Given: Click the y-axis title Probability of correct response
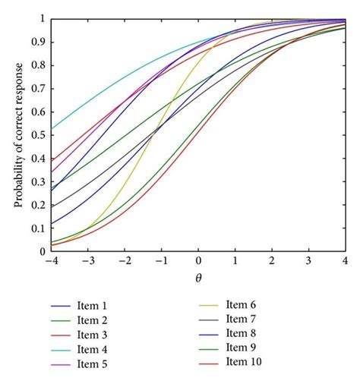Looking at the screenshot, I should pyautogui.click(x=17, y=134).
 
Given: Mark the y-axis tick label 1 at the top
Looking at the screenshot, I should pyautogui.click(x=42, y=19).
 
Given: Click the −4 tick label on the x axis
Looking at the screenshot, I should pyautogui.click(x=51, y=261).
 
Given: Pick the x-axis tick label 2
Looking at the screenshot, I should pyautogui.click(x=272, y=261).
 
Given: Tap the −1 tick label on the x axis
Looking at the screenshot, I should pyautogui.click(x=161, y=261).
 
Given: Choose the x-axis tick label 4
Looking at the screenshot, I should pyautogui.click(x=345, y=261).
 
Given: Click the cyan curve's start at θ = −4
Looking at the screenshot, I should pyautogui.click(x=52, y=128).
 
